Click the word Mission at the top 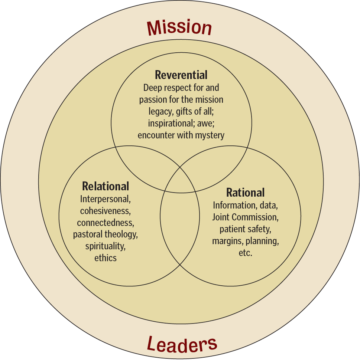pos(179,27)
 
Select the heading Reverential pos(181,75)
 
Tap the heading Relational pos(106,186)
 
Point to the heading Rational pos(246,193)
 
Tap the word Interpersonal pos(106,199)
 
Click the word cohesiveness pos(106,211)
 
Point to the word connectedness pos(106,223)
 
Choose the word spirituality pos(106,246)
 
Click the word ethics pos(106,258)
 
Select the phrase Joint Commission pos(246,217)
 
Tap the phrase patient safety pos(246,229)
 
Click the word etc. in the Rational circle pos(246,253)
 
